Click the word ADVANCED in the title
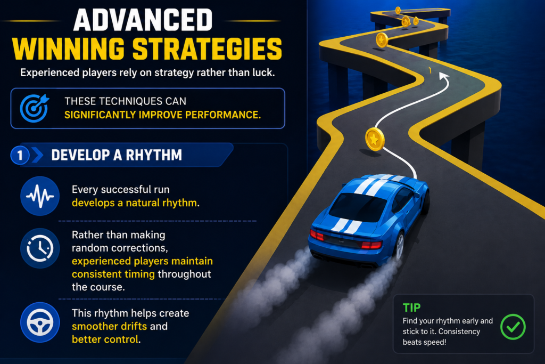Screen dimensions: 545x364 [143, 20]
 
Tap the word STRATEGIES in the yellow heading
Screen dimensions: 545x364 [207, 49]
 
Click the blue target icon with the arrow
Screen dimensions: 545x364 [34, 108]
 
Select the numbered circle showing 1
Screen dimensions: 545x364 [20, 155]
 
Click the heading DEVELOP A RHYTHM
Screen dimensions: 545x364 [117, 155]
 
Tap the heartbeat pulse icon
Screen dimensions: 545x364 [39, 196]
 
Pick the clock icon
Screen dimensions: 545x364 [39, 248]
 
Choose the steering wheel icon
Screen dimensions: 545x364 [39, 322]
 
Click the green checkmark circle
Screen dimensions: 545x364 [513, 327]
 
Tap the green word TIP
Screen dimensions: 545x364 [411, 308]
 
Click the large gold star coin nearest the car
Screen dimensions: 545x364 [375, 139]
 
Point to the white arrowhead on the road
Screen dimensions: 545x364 [443, 76]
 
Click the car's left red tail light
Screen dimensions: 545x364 [317, 235]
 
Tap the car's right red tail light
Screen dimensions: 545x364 [371, 245]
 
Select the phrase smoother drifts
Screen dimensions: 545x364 [110, 326]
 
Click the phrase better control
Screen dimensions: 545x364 [105, 339]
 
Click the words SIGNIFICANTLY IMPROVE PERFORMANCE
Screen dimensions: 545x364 [162, 115]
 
